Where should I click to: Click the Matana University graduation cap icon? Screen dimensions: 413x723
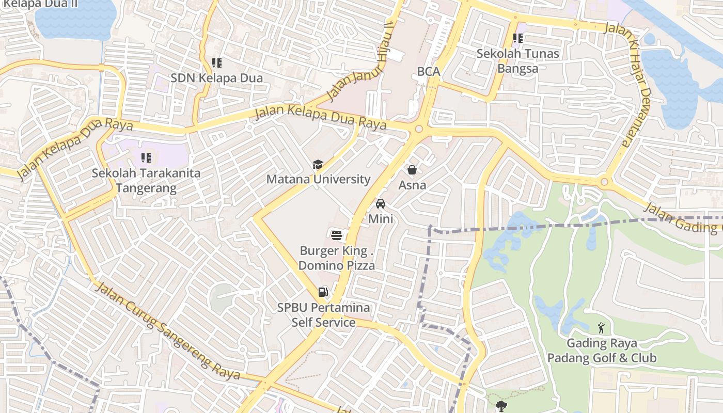point(318,165)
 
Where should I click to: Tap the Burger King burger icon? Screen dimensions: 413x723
point(337,236)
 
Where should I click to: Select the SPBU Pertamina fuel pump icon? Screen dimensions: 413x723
point(323,292)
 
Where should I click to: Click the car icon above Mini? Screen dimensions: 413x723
point(381,203)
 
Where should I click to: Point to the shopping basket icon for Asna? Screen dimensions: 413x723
point(412,169)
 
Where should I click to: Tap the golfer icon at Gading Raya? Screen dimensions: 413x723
point(601,328)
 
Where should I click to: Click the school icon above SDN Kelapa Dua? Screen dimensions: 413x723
point(217,63)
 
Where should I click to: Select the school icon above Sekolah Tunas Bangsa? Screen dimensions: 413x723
point(517,38)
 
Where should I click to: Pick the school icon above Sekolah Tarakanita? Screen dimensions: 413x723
point(146,157)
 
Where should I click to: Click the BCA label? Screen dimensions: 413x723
point(429,72)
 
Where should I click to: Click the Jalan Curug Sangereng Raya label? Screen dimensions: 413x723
point(168,330)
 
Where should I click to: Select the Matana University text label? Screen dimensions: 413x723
point(318,179)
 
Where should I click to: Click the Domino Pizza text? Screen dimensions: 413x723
point(337,266)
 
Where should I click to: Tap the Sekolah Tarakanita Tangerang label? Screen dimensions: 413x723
point(146,180)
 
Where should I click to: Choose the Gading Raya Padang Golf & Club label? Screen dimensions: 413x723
point(602,351)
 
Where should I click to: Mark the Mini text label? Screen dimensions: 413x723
point(381,218)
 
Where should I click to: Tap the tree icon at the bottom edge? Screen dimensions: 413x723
point(500,406)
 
